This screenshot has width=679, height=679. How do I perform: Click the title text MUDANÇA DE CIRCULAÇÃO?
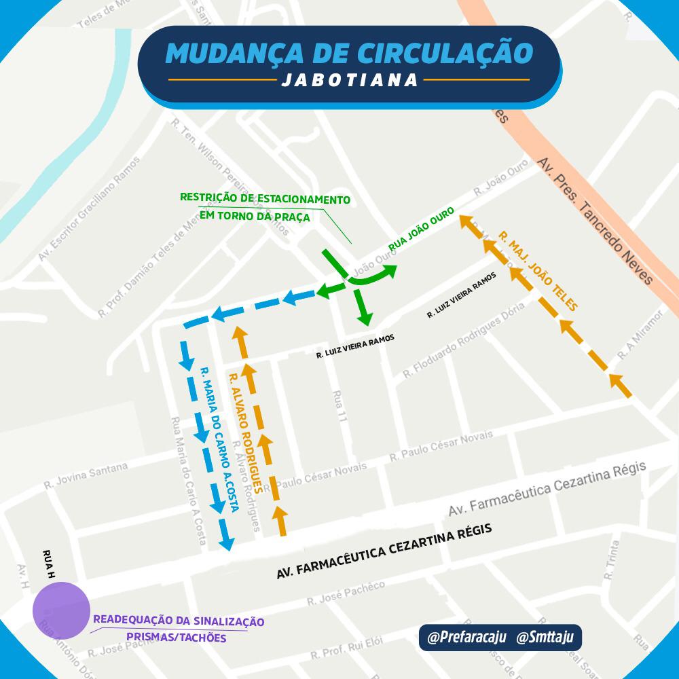click(x=348, y=53)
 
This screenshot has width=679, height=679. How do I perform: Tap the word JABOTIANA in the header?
click(x=349, y=80)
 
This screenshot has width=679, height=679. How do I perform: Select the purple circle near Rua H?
click(x=62, y=609)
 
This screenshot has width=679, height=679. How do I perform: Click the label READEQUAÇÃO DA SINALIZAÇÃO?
click(x=178, y=621)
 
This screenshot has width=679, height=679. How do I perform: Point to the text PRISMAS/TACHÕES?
click(x=177, y=638)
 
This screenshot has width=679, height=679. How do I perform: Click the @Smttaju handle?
click(x=545, y=638)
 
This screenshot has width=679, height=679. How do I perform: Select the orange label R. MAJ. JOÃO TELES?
click(x=537, y=271)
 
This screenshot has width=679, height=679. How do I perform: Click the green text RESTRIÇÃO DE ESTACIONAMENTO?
click(x=265, y=200)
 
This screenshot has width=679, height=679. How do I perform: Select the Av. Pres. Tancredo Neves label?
click(x=594, y=221)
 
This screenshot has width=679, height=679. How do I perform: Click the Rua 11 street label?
click(x=339, y=409)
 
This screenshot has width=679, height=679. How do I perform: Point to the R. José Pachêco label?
click(x=346, y=593)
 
